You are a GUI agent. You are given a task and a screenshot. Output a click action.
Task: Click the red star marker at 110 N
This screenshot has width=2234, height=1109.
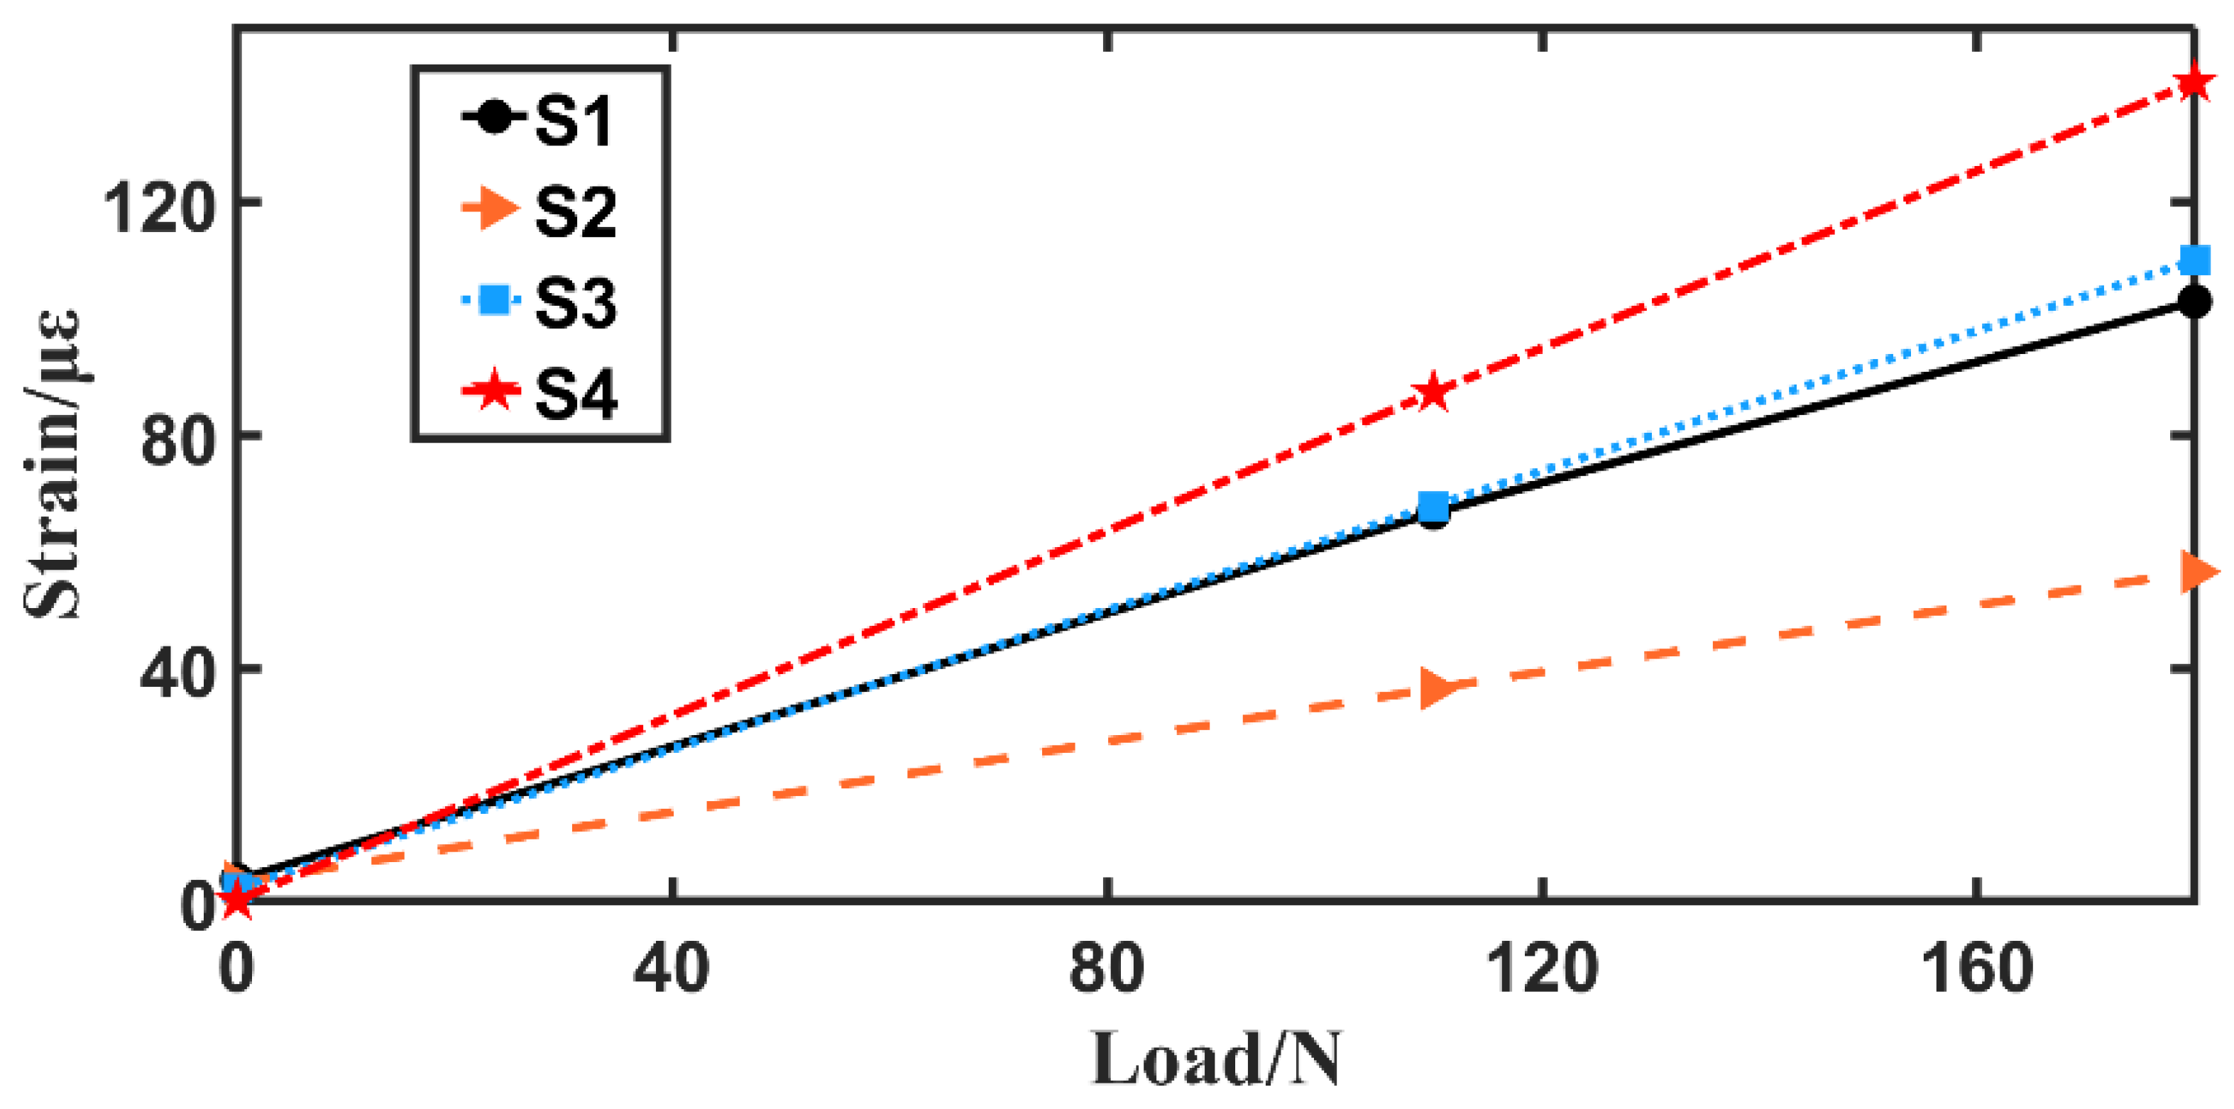tap(1433, 394)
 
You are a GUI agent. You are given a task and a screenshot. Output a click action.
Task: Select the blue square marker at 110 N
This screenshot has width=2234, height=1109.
tap(1433, 505)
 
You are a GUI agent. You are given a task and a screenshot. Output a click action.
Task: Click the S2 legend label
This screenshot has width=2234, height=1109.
tap(575, 211)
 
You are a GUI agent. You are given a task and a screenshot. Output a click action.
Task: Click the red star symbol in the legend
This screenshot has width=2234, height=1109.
tap(493, 392)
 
